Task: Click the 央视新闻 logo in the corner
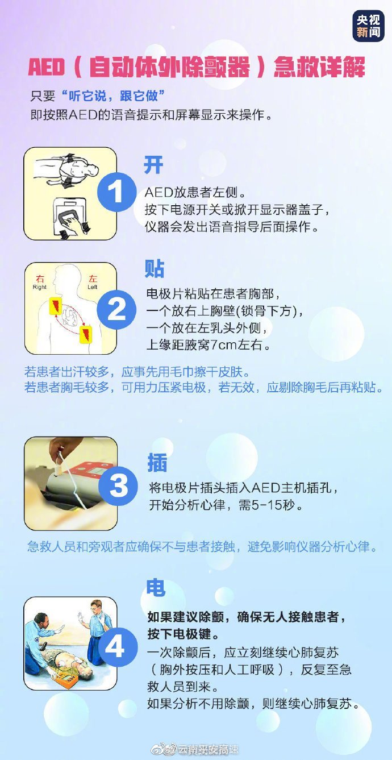tap(368, 25)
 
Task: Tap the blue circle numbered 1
tap(116, 192)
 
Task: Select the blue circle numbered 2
tap(116, 309)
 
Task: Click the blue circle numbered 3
tap(118, 486)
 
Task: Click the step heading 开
tap(153, 165)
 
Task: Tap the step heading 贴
tap(155, 268)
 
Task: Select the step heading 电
tap(156, 587)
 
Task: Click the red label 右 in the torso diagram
tap(40, 279)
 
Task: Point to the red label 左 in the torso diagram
tap(93, 279)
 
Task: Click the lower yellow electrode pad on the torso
tap(86, 334)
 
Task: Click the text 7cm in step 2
tap(219, 345)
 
